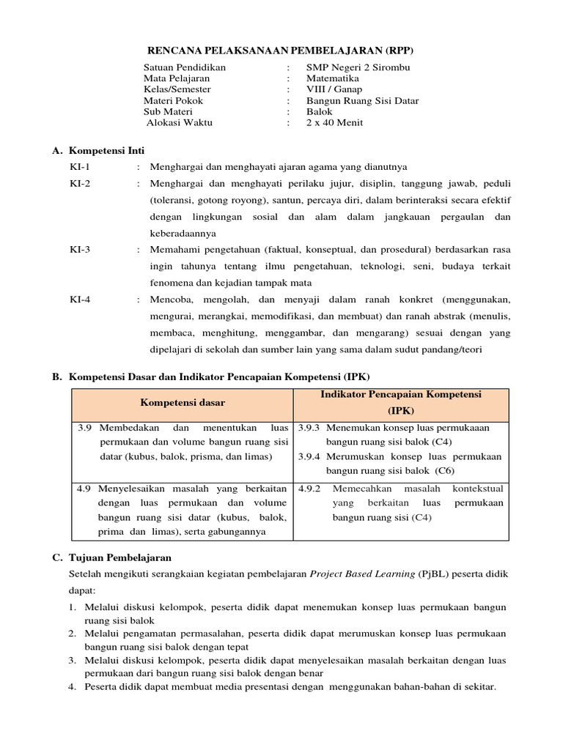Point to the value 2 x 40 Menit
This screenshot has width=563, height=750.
tap(335, 122)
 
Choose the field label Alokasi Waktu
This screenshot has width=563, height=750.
tap(180, 122)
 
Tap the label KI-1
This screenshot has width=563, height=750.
tap(79, 167)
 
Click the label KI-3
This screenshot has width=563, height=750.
tap(80, 250)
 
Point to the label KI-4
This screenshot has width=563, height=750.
tap(80, 300)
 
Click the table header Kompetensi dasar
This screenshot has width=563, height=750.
tap(183, 403)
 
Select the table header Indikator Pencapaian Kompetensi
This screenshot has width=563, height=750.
tap(401, 395)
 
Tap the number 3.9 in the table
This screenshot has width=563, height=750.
tap(84, 427)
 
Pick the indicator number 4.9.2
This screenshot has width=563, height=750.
tap(310, 488)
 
